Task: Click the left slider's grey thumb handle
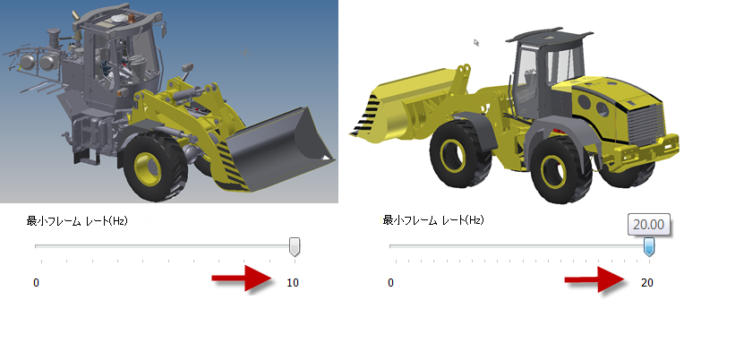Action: tap(295, 247)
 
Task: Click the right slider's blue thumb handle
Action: tap(648, 247)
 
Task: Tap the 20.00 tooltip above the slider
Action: tap(648, 225)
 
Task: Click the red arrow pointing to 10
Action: tap(243, 278)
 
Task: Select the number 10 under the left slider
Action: tap(293, 283)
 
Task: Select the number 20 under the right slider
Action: tap(647, 283)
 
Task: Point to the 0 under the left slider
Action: tap(36, 283)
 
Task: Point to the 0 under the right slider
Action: tap(390, 283)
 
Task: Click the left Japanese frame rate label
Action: tap(77, 220)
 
